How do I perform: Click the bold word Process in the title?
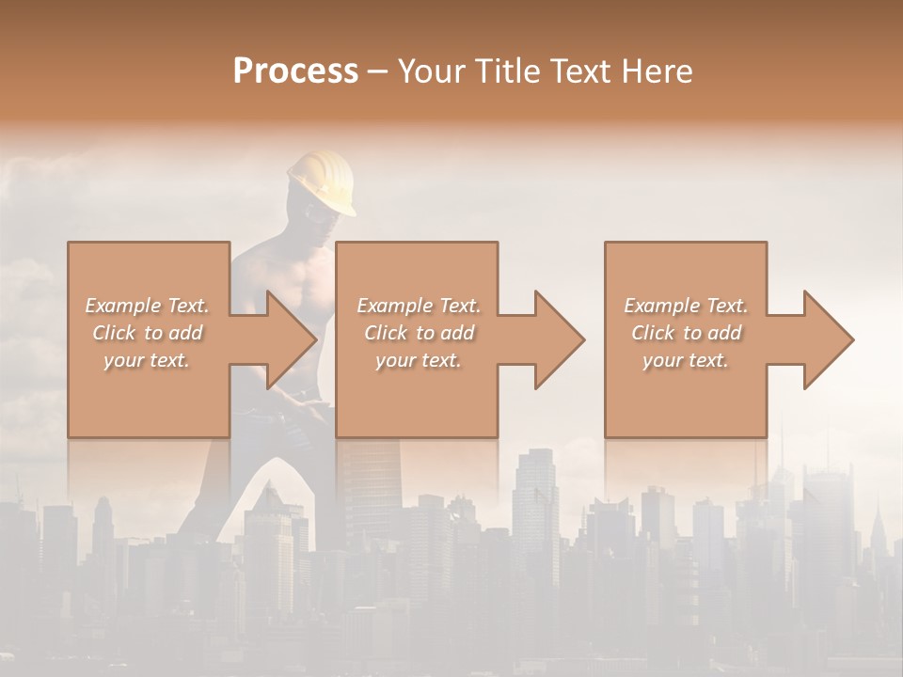(x=295, y=71)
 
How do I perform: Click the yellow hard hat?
(x=323, y=181)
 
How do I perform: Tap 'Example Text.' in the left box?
(x=148, y=306)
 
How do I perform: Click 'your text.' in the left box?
(x=148, y=360)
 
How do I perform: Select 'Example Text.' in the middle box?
(x=419, y=306)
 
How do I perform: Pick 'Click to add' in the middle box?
(x=419, y=333)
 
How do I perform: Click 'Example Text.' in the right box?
(x=686, y=306)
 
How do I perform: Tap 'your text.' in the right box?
(x=686, y=360)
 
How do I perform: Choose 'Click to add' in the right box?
(x=686, y=333)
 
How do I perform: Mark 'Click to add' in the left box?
(x=148, y=333)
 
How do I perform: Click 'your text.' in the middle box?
(x=419, y=360)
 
